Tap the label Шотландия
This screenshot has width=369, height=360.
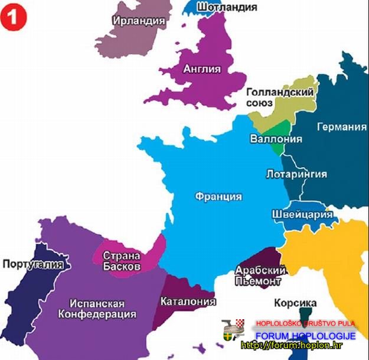point(227,7)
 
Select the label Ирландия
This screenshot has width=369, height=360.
point(138,20)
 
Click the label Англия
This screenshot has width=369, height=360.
point(202,69)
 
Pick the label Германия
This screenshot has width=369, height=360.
point(341,127)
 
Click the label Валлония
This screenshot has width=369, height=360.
point(276,140)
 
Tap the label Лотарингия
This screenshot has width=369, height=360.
point(297,174)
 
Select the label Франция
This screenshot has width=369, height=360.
point(218,197)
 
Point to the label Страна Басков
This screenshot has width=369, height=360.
point(122,261)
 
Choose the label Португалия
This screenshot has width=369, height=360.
point(32,264)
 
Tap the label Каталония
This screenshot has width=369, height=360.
point(188,301)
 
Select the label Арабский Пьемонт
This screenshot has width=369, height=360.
point(261,276)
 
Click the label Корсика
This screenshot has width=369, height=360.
point(296,302)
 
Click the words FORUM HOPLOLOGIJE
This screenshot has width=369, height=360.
point(305,336)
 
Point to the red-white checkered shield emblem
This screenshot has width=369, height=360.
point(240,323)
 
